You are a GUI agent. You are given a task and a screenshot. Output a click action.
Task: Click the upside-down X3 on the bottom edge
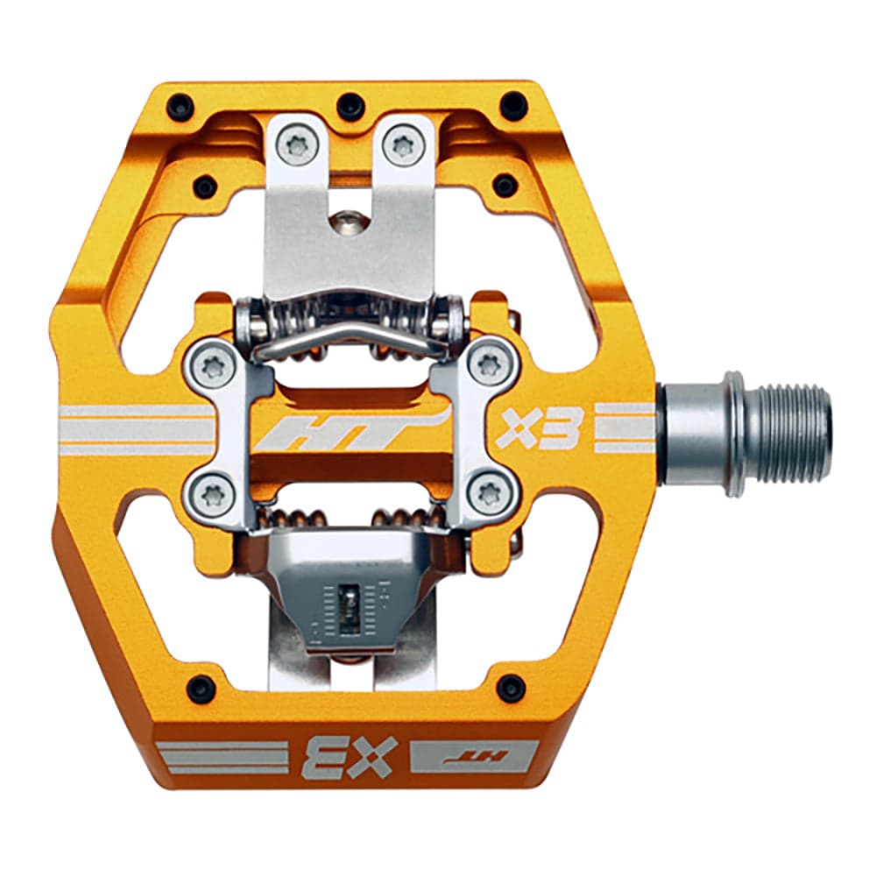pyautogui.click(x=350, y=756)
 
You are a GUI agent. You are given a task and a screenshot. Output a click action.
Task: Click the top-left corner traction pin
pyautogui.click(x=180, y=109)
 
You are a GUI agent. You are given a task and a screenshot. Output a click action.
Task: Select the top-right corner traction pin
pyautogui.click(x=513, y=106)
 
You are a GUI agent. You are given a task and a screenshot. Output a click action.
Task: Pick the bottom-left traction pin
pyautogui.click(x=201, y=688)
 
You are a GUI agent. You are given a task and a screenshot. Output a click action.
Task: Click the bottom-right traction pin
pyautogui.click(x=511, y=688)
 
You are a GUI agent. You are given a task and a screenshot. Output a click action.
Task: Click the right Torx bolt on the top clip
pyautogui.click(x=403, y=143)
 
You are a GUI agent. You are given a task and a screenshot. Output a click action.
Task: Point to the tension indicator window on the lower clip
pyautogui.click(x=348, y=604)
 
